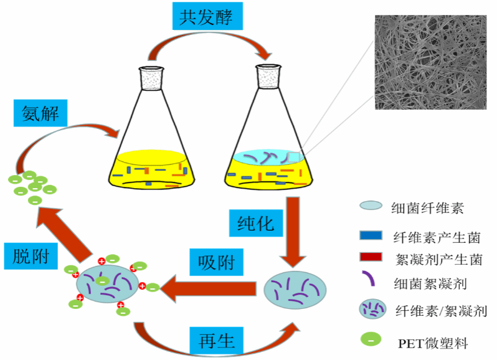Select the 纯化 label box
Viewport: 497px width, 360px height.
[x=256, y=223]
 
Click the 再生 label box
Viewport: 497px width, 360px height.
[x=216, y=342]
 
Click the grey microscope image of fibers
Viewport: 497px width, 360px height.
[x=430, y=62]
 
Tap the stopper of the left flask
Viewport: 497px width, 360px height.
[x=153, y=77]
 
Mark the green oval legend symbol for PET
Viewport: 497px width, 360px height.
[x=370, y=340]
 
